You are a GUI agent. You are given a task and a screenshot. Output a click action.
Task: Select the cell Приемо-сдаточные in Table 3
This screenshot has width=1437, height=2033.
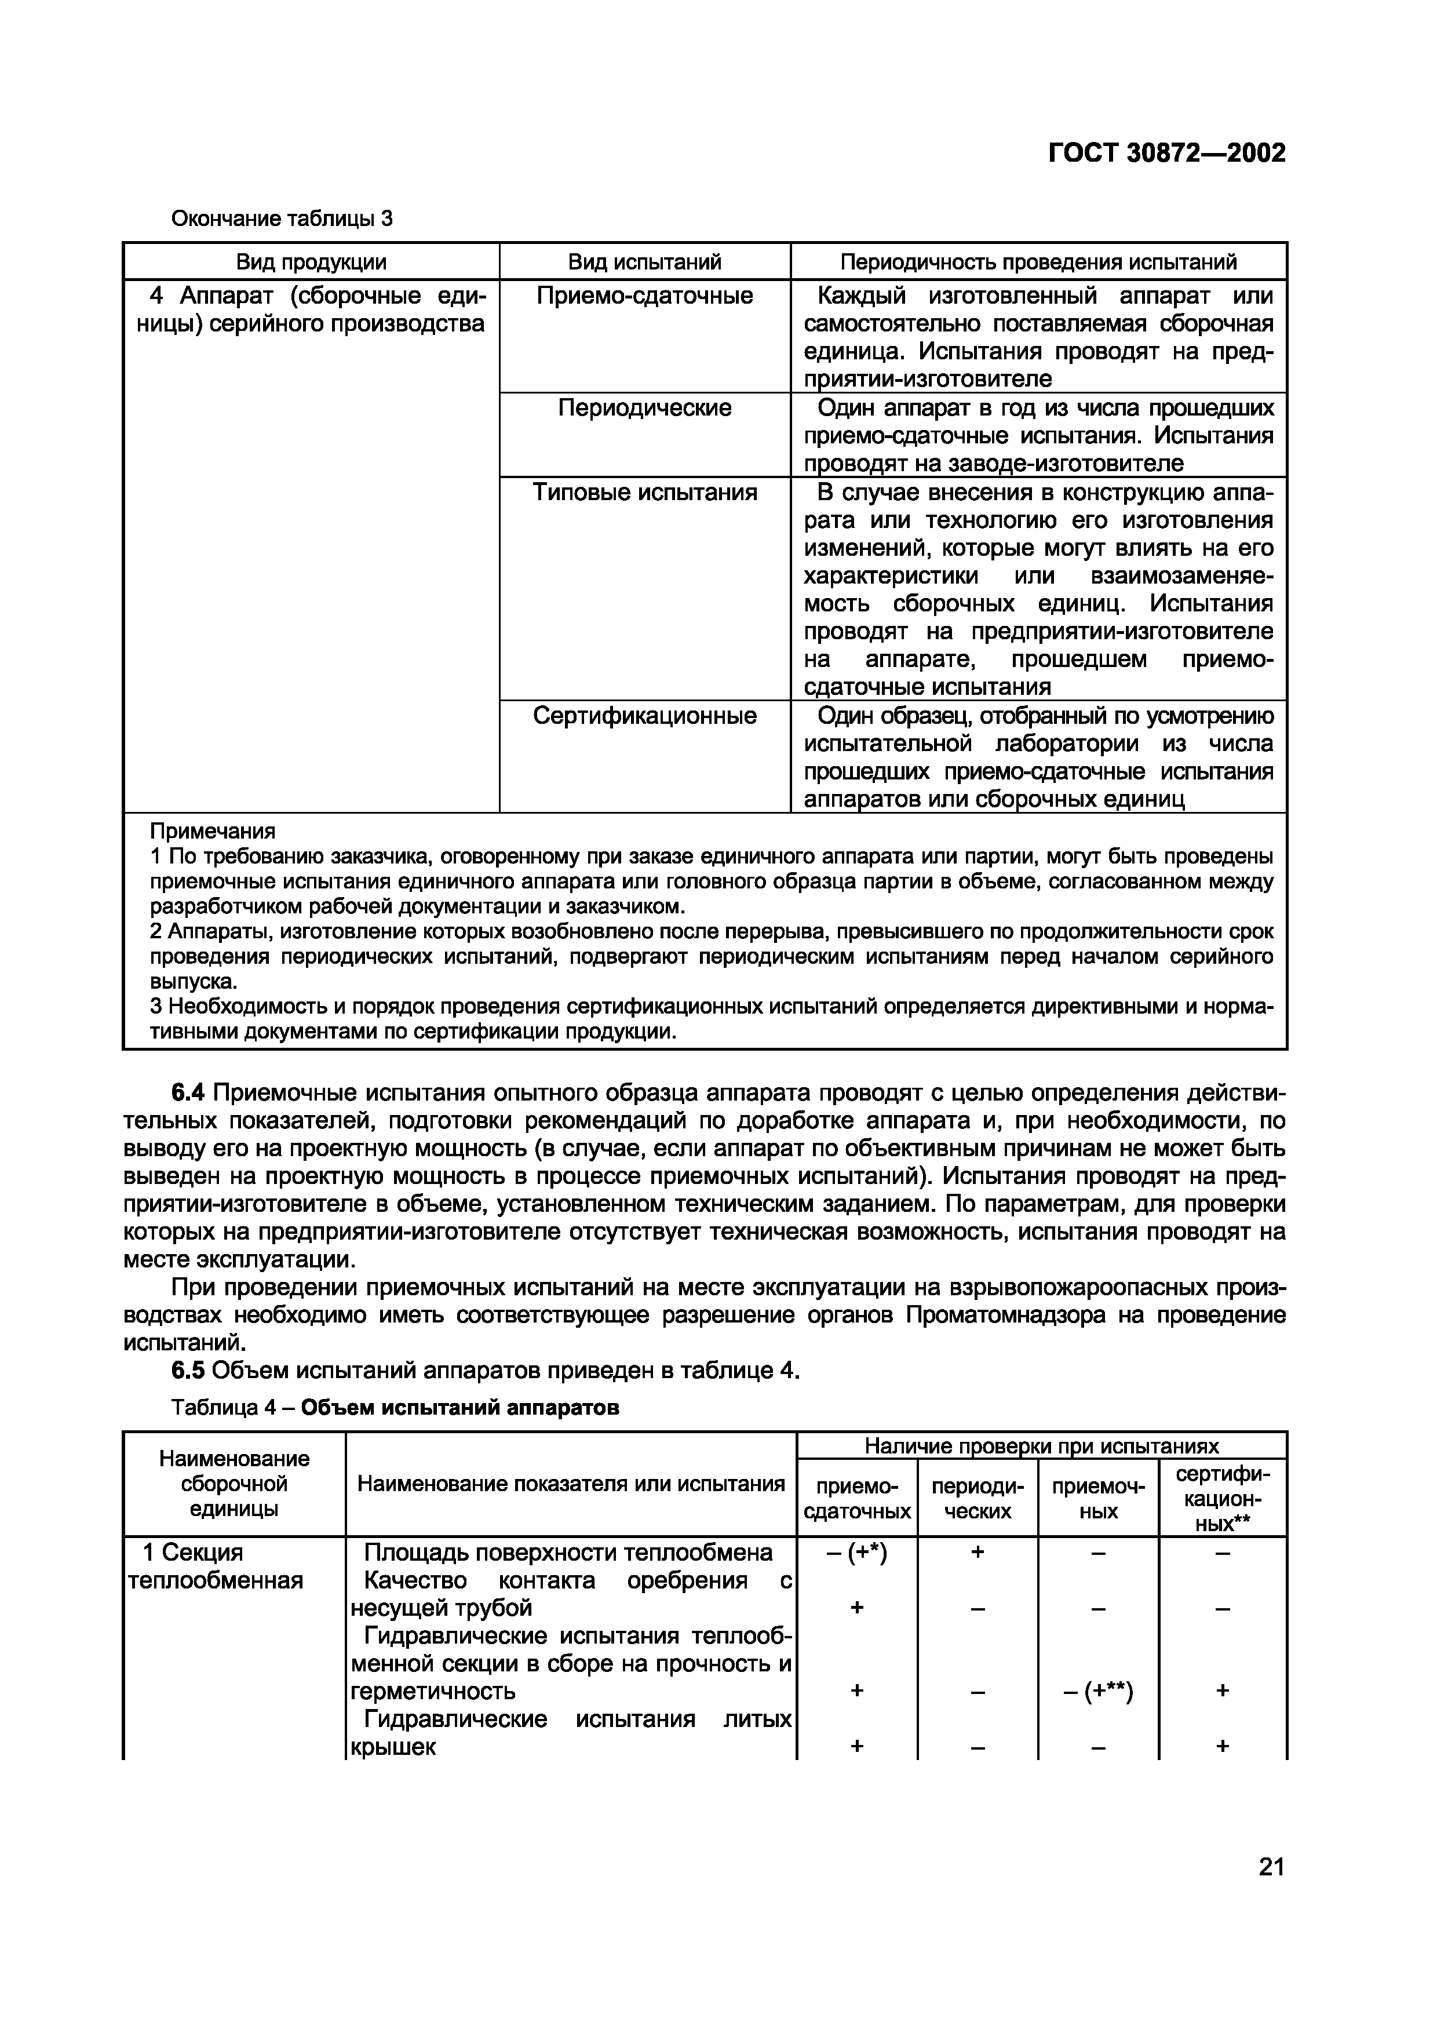(x=644, y=296)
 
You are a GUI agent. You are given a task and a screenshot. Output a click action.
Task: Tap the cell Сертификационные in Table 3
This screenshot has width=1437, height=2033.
(x=644, y=716)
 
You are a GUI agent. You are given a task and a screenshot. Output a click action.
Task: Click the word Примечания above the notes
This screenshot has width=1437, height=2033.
(x=213, y=832)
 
